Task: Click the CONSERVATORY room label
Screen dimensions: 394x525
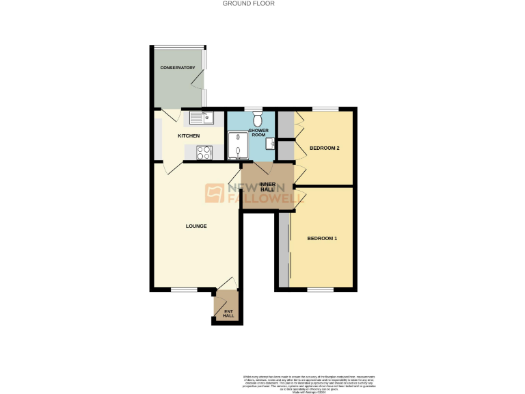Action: click(178, 68)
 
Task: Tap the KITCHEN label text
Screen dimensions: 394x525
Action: click(189, 136)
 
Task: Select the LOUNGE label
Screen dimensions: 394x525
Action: click(196, 226)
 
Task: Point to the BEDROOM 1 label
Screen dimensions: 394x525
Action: click(321, 238)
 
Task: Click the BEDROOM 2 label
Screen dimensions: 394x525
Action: click(324, 148)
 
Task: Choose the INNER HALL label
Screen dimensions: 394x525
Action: click(267, 187)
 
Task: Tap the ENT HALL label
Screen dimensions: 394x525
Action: click(228, 313)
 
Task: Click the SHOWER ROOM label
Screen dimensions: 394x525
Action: click(258, 133)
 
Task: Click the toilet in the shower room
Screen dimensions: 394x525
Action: click(257, 120)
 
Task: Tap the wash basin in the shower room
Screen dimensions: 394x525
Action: click(271, 144)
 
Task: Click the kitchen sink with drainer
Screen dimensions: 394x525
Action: click(202, 117)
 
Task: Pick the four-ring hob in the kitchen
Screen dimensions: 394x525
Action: click(204, 153)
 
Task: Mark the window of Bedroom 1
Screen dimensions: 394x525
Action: click(321, 290)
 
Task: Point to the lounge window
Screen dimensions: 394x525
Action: click(183, 290)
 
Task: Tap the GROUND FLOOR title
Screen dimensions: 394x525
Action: click(249, 3)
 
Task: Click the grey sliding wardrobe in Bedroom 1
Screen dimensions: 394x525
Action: click(284, 250)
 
